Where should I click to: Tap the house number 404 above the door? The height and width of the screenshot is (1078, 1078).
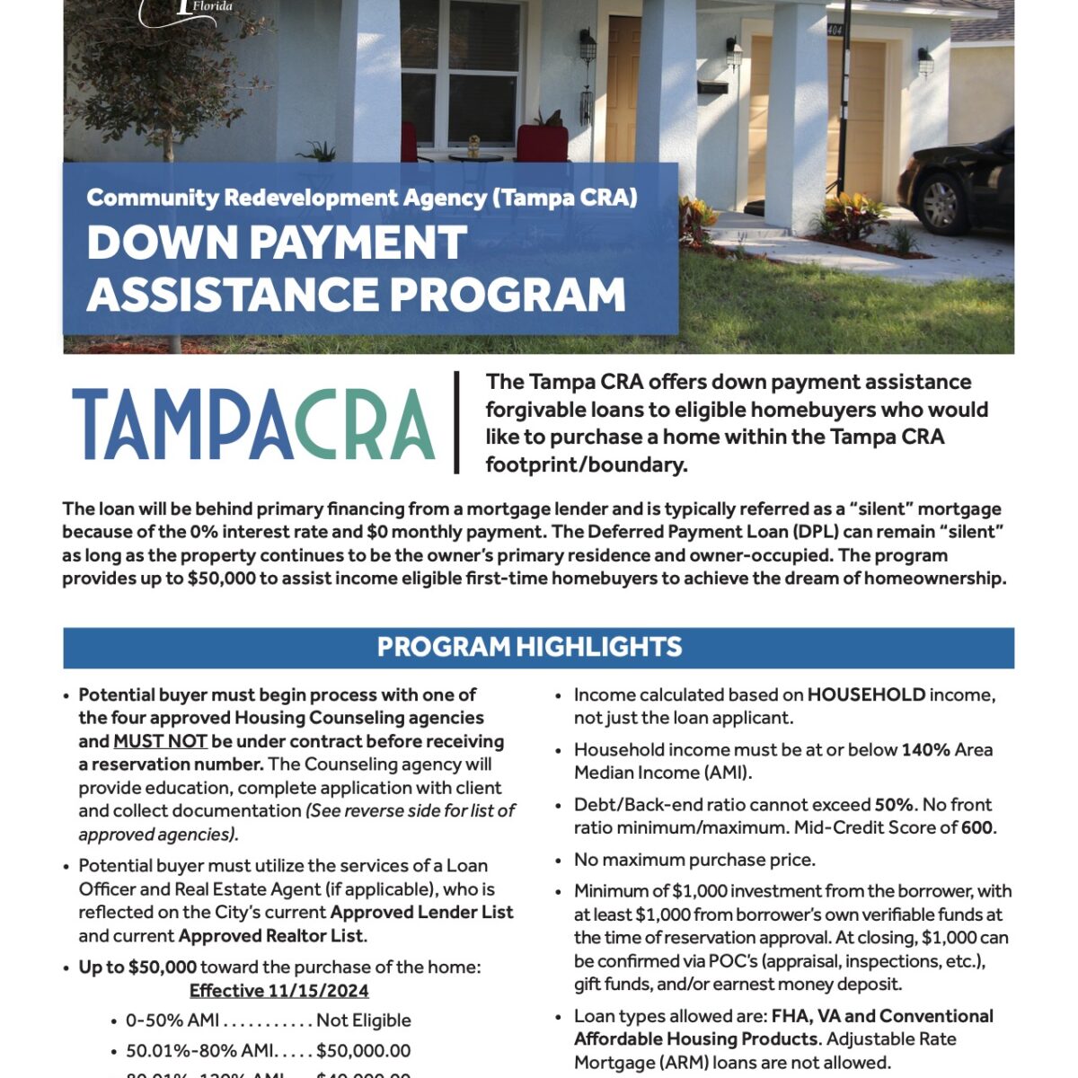tap(835, 30)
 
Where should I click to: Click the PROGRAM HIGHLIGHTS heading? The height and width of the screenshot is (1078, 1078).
tap(529, 647)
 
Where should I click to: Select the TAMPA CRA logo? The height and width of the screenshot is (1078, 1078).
tap(253, 424)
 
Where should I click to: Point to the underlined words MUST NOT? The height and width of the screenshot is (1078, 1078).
tap(160, 741)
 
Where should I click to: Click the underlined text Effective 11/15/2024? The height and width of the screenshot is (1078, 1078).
tap(278, 990)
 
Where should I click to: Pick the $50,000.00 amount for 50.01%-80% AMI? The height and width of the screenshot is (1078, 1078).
tap(363, 1050)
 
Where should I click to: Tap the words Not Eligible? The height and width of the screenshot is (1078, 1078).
tap(363, 1020)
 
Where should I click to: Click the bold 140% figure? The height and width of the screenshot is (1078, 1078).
tap(925, 749)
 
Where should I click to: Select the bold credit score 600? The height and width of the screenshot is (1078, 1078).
tap(976, 827)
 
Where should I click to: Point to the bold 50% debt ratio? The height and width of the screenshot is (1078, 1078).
tap(893, 804)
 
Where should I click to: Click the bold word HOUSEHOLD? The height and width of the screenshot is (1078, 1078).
tap(866, 694)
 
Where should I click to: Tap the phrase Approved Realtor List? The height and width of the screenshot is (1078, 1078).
tap(270, 935)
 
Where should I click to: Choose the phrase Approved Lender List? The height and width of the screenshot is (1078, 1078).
tap(421, 912)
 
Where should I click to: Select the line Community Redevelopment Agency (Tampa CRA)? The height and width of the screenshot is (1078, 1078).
tap(362, 198)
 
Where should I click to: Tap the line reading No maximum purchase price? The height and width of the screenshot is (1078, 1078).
tap(694, 860)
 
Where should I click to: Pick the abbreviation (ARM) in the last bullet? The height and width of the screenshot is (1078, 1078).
tap(739, 1062)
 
